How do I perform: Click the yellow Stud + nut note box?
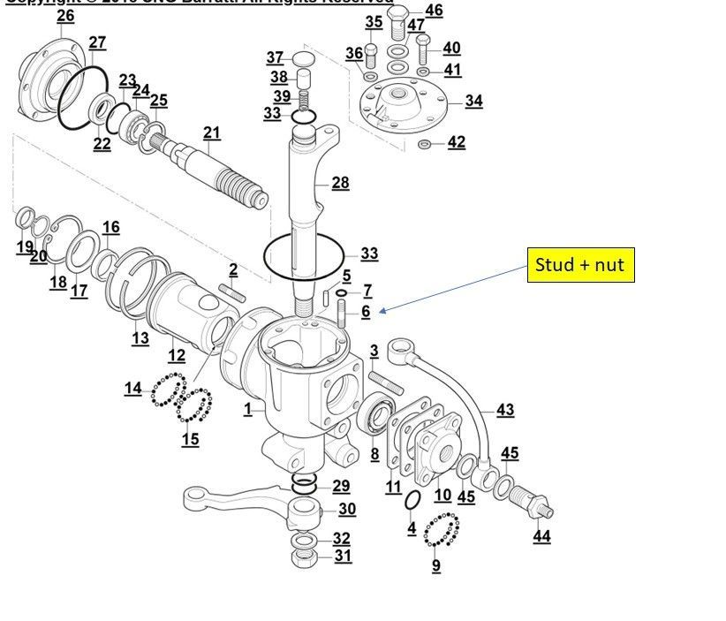pos(580,263)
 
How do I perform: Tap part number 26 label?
pos(65,17)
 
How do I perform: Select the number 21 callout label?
pos(211,133)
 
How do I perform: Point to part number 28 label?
pos(340,183)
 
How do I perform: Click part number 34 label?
pos(473,101)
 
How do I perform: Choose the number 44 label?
pos(541,536)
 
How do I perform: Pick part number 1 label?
pos(248,409)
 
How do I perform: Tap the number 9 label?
pos(436,565)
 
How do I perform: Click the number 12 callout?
pos(177,355)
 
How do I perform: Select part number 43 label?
pos(505,410)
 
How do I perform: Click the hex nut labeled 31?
pos(303,557)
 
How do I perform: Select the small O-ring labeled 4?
pos(412,500)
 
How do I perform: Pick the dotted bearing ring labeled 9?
pos(442,533)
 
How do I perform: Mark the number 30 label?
pos(346,509)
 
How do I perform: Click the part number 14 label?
pos(132,388)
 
